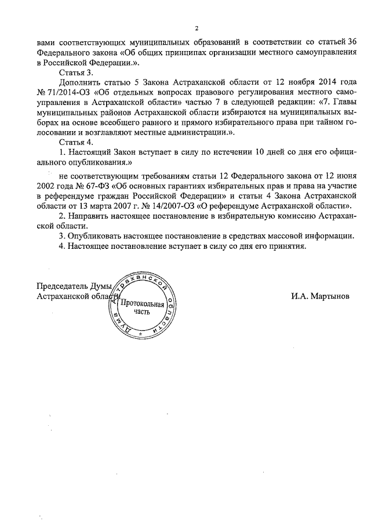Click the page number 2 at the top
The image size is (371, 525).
[197, 28]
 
